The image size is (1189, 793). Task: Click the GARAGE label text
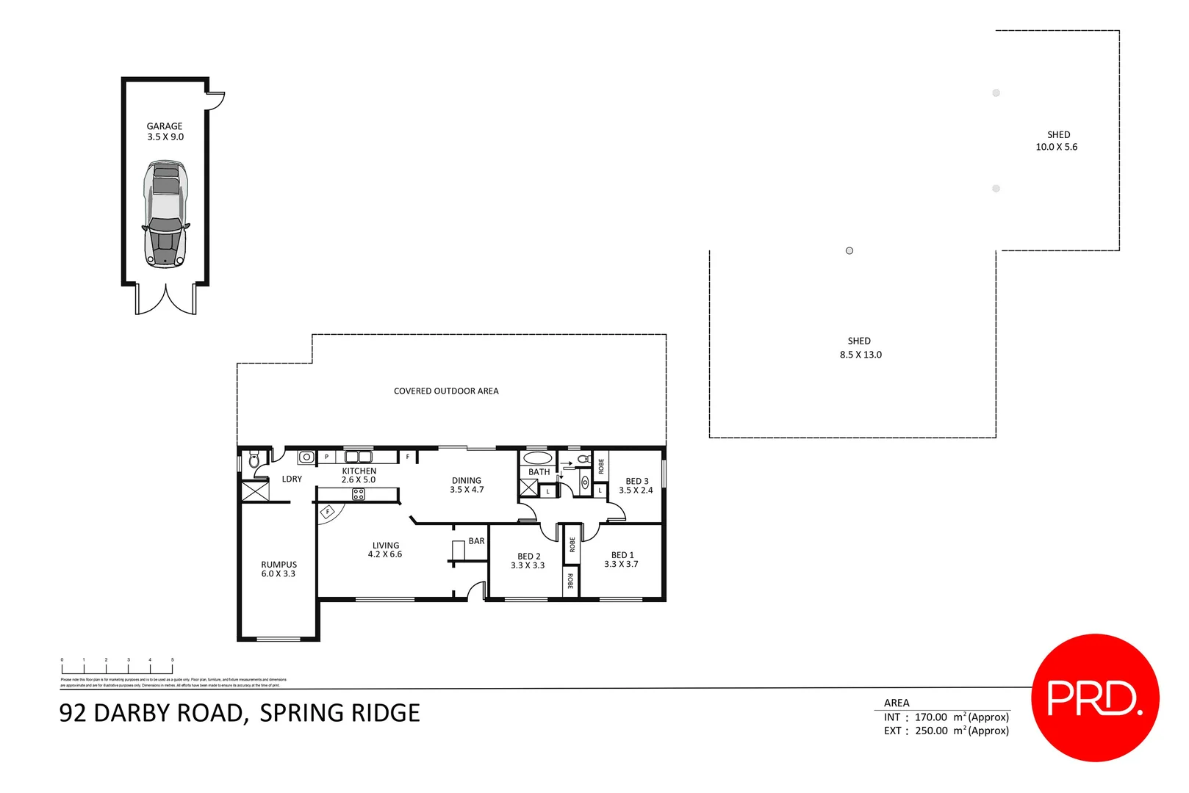click(x=164, y=126)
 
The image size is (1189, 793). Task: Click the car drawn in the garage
click(x=165, y=214)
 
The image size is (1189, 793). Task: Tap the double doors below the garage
click(x=166, y=300)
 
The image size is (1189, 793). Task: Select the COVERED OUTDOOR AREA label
click(x=446, y=391)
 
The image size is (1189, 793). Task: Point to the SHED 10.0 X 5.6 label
click(x=1057, y=141)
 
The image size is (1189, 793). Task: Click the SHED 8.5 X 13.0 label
click(x=861, y=348)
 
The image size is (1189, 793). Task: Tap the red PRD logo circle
click(x=1095, y=698)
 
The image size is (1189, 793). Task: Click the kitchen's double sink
click(x=358, y=457)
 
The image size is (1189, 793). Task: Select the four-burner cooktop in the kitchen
click(x=358, y=494)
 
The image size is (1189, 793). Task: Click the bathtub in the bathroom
click(x=537, y=458)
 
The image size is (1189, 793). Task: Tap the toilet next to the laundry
click(x=254, y=460)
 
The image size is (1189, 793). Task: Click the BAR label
click(x=477, y=541)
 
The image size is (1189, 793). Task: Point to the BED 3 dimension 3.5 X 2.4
click(x=636, y=490)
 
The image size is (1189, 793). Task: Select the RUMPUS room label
click(x=279, y=565)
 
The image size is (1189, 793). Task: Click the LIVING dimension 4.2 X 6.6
click(x=385, y=554)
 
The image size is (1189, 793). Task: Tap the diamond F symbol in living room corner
click(x=328, y=512)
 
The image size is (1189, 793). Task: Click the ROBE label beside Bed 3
click(x=601, y=466)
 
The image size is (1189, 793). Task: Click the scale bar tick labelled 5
click(x=173, y=661)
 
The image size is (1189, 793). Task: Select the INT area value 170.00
click(x=930, y=717)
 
